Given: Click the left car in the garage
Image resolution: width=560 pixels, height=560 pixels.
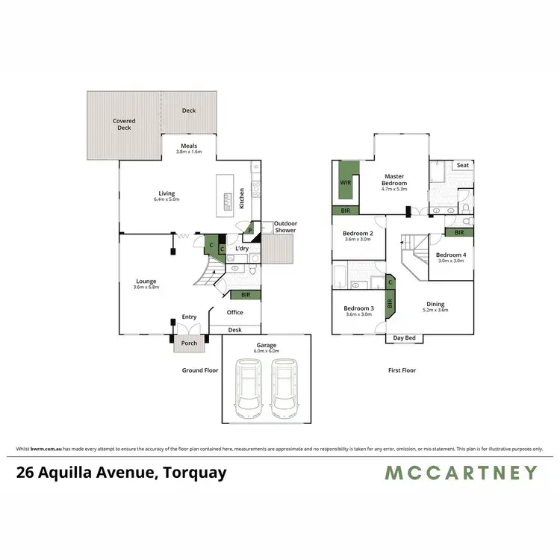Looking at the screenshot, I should (x=249, y=387).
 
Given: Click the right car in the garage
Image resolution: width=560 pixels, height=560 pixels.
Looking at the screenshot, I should (x=284, y=387).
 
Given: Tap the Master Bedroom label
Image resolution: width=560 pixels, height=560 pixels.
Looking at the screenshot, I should (x=394, y=180).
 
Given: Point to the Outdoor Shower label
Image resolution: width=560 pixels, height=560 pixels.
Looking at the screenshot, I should (x=284, y=226).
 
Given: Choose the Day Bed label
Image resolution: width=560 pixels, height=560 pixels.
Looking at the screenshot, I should (x=404, y=338).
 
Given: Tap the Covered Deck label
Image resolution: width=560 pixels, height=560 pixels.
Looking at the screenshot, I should (x=123, y=124).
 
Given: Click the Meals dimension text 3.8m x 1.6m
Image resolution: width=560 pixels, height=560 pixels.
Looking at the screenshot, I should (x=189, y=152).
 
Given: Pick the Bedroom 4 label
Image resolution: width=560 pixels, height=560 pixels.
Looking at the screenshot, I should (x=451, y=255).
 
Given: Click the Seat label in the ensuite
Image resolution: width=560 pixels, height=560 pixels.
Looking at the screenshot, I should (x=462, y=165).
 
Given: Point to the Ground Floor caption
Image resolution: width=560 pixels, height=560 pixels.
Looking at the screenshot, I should (x=200, y=370).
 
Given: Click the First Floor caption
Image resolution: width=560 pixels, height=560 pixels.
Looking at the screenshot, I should (x=402, y=370).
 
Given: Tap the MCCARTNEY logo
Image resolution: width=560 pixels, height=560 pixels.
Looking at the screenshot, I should (x=461, y=472).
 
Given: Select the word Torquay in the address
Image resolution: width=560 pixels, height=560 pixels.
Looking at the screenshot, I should (x=190, y=472).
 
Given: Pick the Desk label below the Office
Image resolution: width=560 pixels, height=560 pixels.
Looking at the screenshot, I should (x=235, y=329).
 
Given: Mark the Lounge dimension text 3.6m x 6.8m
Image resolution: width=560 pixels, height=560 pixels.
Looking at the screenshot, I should (x=146, y=287).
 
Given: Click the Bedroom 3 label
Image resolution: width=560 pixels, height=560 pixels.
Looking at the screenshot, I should (x=358, y=308).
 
